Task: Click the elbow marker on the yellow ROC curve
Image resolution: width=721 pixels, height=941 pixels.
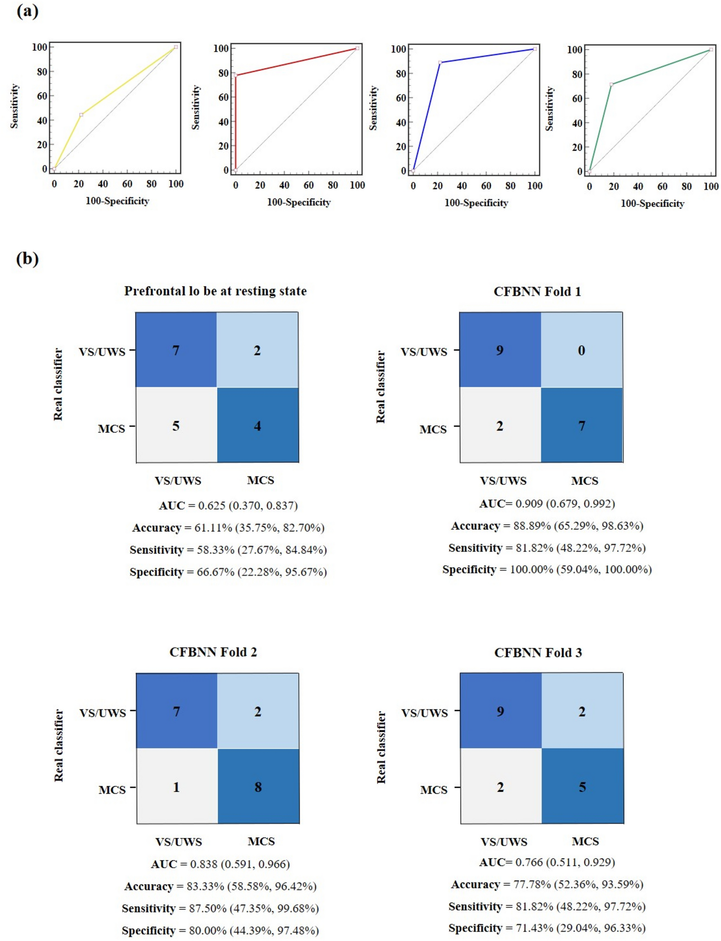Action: point(81,115)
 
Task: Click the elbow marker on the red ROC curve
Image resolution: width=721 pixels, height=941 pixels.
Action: point(235,75)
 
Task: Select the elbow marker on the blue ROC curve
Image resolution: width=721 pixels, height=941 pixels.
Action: point(440,63)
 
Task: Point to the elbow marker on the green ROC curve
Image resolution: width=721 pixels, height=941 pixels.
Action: point(611,85)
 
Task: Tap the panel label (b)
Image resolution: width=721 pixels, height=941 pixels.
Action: point(27,259)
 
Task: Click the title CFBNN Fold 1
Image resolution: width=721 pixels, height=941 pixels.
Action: point(537,292)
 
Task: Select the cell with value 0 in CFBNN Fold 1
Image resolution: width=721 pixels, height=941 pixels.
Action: point(582,350)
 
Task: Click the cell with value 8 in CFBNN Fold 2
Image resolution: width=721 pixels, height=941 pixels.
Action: point(258,787)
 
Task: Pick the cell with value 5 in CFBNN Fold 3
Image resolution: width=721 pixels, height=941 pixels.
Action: point(583,787)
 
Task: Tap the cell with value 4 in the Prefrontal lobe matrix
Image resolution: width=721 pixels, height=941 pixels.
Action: point(257,426)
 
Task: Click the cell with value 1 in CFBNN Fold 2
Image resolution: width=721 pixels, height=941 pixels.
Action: point(176,787)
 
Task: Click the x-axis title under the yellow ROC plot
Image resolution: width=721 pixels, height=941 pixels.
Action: point(117,201)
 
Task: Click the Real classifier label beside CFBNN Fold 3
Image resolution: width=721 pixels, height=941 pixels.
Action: point(381,747)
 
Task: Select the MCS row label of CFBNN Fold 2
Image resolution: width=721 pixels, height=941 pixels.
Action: point(112,790)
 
